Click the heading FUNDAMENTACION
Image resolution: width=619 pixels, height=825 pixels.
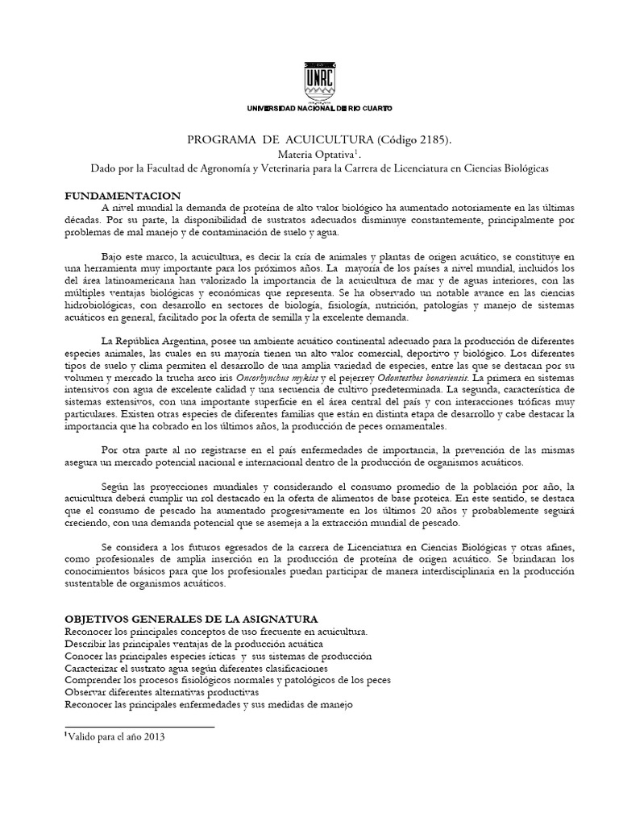[123, 197]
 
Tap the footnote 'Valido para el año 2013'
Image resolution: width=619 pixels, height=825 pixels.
[116, 736]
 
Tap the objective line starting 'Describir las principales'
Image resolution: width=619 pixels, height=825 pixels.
[193, 644]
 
